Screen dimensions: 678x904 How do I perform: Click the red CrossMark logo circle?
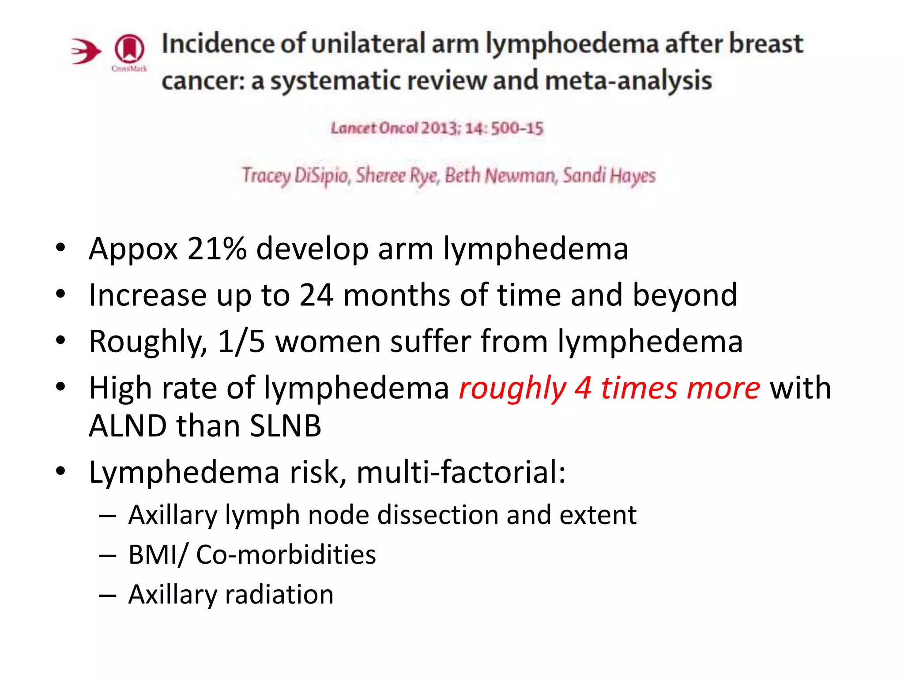pos(129,48)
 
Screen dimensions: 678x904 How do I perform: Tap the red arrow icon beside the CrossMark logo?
pos(86,51)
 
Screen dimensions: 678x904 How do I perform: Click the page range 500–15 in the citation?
pos(517,128)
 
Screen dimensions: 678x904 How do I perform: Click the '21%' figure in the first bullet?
pos(217,249)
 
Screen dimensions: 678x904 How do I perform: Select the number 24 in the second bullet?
pos(316,295)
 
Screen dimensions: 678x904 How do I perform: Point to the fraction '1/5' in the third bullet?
pos(241,342)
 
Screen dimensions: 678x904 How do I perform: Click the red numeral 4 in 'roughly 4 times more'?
pos(583,388)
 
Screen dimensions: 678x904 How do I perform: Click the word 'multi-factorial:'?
pos(461,472)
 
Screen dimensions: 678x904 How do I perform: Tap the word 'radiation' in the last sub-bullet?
pos(279,595)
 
